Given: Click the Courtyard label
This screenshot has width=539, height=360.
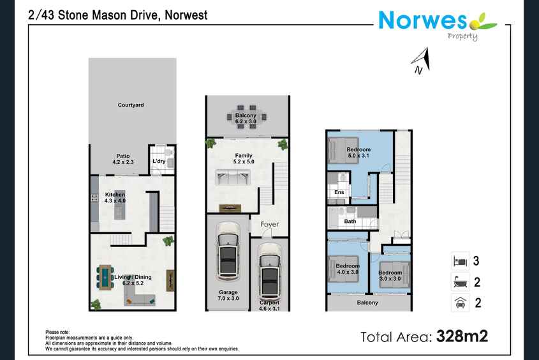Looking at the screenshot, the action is tap(131, 105).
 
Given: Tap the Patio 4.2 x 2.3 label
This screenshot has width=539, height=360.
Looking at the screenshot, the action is tap(122, 159).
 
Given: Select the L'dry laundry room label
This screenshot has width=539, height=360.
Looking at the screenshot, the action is tap(159, 161).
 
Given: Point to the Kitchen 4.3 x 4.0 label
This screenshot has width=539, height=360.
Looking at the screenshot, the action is tap(115, 197).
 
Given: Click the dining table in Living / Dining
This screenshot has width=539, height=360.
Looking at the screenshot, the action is tap(105, 277).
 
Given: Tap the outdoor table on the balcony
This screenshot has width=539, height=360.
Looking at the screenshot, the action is tap(246, 117).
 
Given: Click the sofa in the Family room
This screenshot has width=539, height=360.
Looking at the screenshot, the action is tap(232, 177).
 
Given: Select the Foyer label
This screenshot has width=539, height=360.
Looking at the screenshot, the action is tap(269, 224).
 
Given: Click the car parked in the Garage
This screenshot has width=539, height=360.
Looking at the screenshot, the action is tap(228, 250).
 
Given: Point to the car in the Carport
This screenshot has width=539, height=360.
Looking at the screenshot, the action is tap(270, 272).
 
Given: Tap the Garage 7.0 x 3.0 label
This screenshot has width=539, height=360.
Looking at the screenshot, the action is tap(228, 296).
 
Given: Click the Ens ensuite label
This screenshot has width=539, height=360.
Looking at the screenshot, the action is tap(339, 192).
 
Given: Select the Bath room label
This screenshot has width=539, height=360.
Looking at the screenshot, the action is tap(350, 221).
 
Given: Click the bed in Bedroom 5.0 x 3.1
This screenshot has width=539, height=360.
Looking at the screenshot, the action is tap(344, 150).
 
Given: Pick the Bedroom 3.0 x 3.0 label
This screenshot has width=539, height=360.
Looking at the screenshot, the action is tap(390, 275).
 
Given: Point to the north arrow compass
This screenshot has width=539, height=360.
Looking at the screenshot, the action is tap(421, 61).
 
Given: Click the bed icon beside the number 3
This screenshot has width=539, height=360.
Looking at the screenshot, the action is tap(461, 261).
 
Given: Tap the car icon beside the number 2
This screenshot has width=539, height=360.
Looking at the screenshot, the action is tap(461, 303).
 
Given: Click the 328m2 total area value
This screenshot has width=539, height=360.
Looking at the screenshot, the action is tap(462, 336).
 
